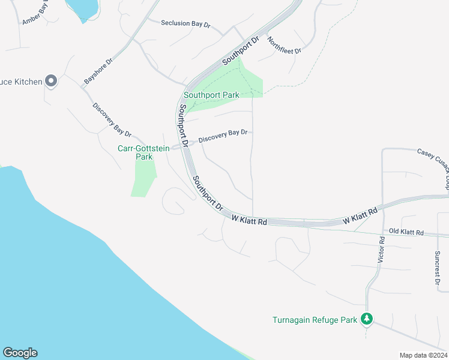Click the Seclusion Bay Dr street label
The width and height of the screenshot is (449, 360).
[x=186, y=24]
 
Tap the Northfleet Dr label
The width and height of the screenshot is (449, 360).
[x=284, y=46]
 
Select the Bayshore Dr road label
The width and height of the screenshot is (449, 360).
[x=98, y=71]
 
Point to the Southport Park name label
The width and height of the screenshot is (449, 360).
[x=211, y=95]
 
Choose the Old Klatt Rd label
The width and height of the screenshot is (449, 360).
[x=406, y=232]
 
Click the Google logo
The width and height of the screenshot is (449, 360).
[x=20, y=353]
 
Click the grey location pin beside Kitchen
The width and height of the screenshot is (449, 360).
[x=52, y=81]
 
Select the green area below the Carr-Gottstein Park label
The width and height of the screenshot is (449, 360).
[x=144, y=178]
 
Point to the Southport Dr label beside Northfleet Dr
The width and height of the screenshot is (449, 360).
[x=240, y=52]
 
